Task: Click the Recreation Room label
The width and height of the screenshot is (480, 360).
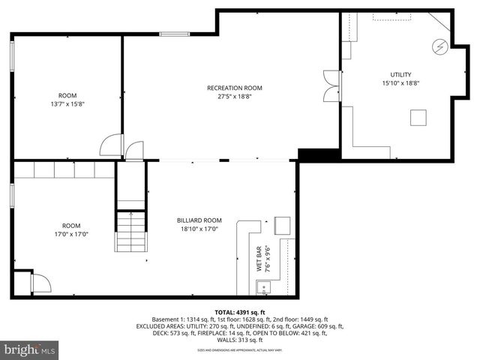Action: click(234, 88)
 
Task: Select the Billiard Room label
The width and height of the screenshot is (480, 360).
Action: click(199, 220)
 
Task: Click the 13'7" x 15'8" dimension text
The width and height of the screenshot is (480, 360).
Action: click(68, 104)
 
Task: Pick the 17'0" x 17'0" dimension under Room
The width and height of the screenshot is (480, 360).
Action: click(70, 234)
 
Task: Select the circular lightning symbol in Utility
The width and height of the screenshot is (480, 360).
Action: click(439, 47)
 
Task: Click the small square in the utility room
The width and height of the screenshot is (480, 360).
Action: click(418, 117)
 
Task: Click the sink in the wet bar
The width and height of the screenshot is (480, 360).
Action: click(263, 286)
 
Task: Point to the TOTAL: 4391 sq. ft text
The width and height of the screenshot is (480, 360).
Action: click(240, 312)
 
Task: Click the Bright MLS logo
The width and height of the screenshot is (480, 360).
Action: click(30, 349)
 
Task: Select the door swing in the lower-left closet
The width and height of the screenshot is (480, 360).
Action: click(40, 283)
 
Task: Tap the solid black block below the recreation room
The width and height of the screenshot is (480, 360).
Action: click(309, 154)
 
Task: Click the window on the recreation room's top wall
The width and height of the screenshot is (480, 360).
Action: click(174, 33)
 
